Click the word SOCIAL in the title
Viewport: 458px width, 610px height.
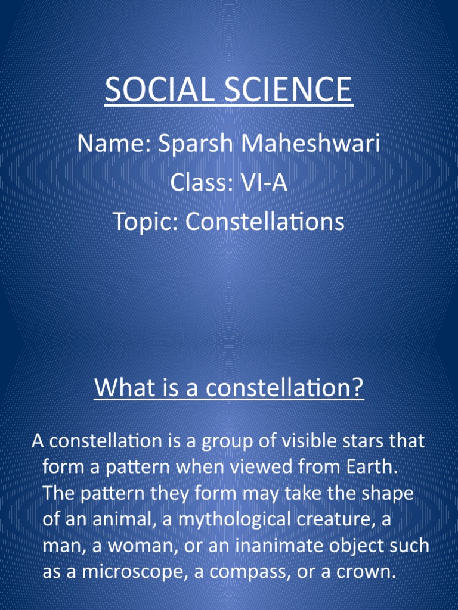(x=154, y=91)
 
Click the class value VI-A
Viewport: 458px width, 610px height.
(x=264, y=183)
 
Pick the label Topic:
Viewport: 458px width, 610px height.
(x=146, y=222)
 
